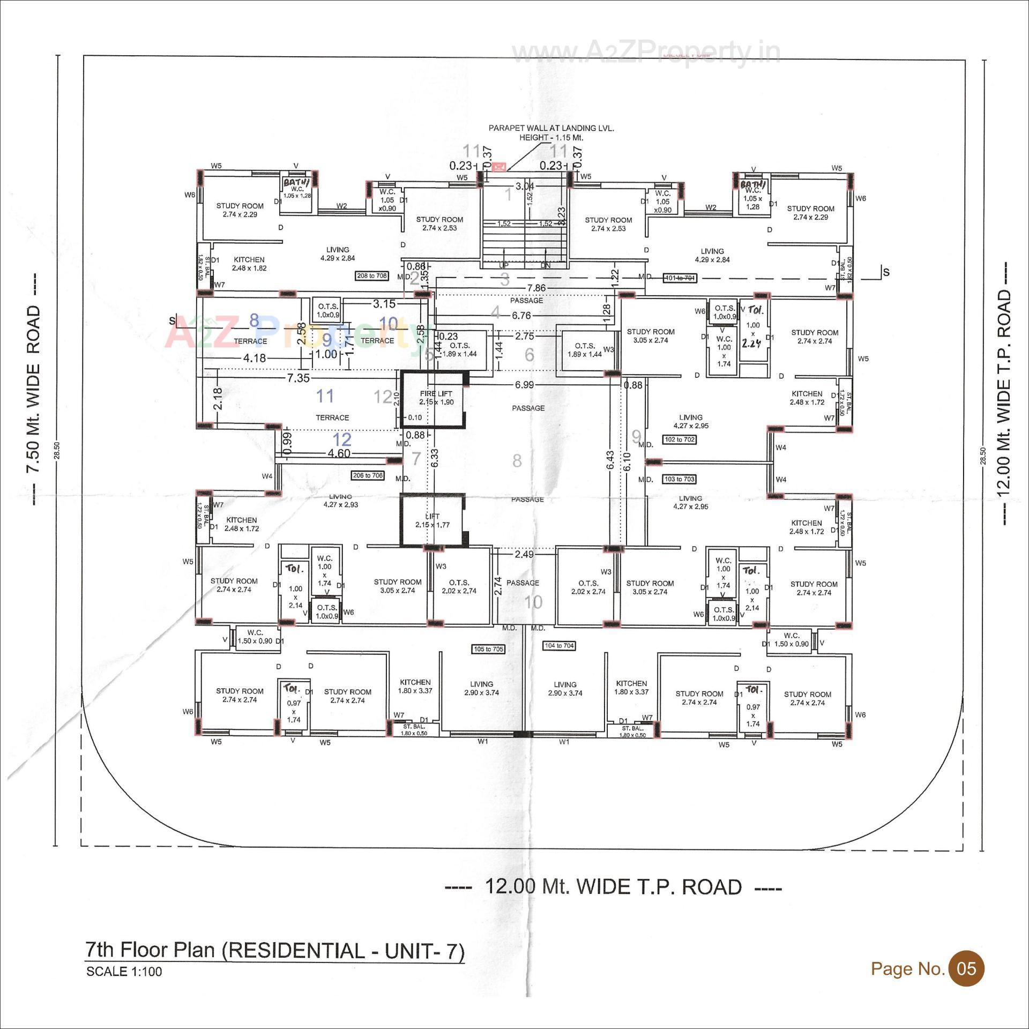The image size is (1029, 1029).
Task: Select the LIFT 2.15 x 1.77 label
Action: (432, 520)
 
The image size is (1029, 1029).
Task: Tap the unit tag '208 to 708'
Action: (372, 276)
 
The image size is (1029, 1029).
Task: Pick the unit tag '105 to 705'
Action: (488, 649)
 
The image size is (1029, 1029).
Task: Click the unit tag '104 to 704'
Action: (559, 646)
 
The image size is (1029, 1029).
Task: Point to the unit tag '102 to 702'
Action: (680, 439)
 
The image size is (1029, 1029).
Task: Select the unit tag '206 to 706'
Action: (368, 475)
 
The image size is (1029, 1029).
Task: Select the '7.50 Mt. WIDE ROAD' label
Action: (33, 389)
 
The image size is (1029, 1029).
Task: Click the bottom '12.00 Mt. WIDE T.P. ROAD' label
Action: (613, 887)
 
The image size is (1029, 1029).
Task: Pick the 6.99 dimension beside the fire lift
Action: (524, 385)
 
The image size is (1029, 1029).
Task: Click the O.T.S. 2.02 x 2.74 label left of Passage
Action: (459, 586)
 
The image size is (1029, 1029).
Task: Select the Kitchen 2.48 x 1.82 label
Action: (249, 264)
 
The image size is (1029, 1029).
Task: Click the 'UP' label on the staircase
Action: (504, 265)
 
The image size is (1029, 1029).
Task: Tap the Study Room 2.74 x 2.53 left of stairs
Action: (439, 223)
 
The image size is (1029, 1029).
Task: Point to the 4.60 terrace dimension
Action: (338, 453)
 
